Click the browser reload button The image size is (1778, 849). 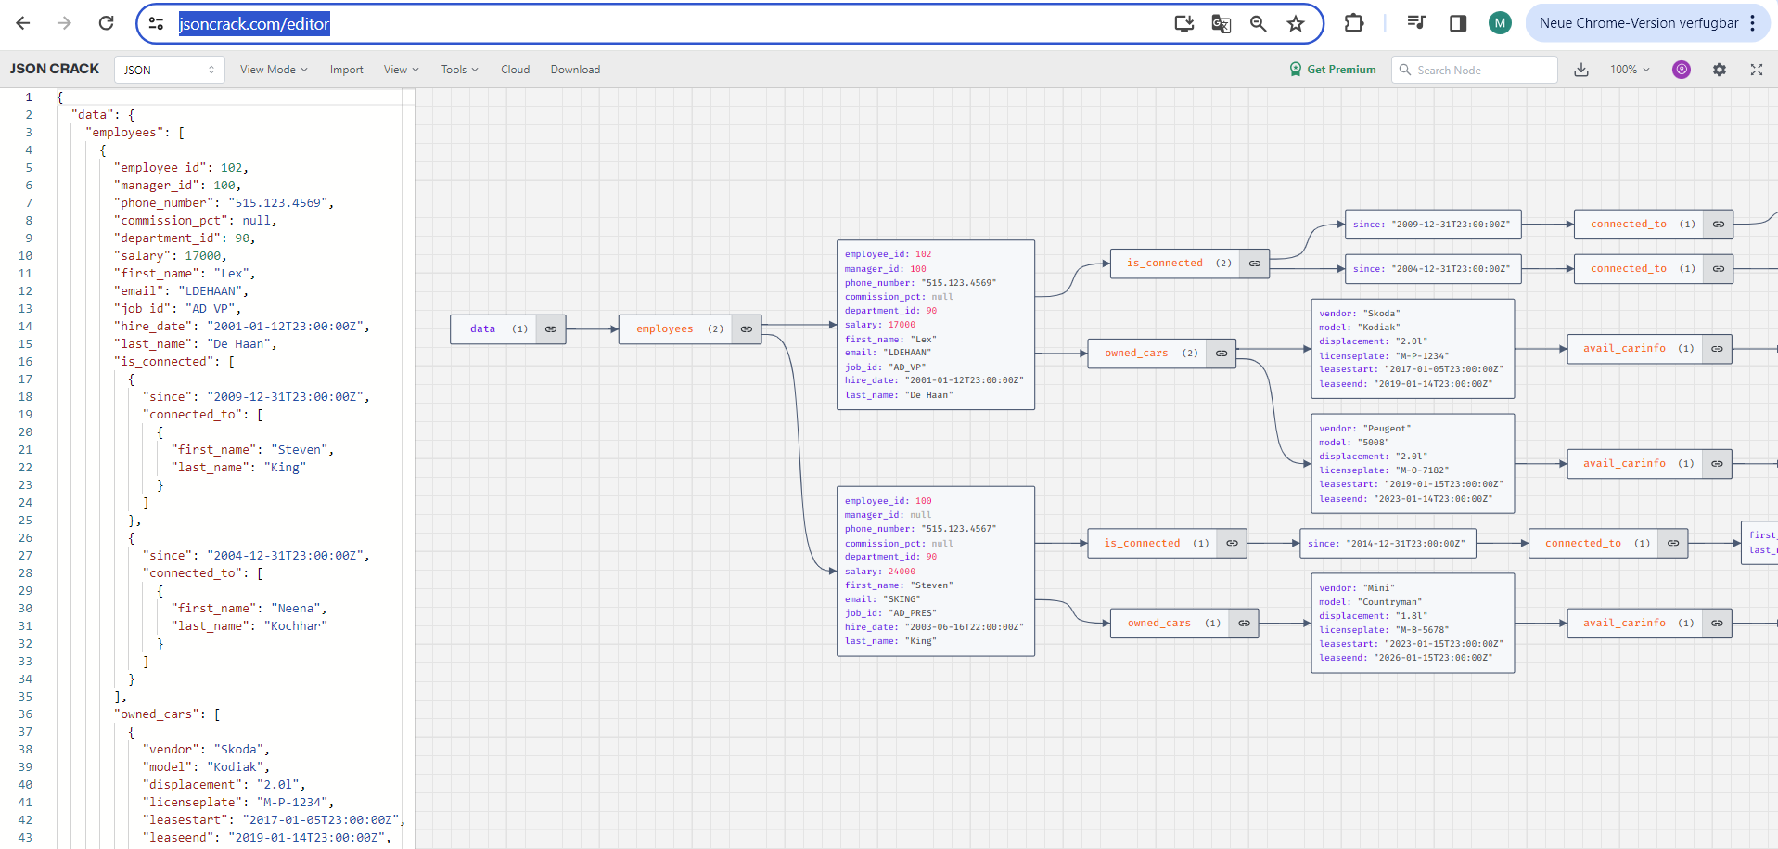(x=106, y=23)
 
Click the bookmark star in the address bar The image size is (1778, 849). (x=1296, y=24)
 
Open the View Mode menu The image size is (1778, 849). (x=273, y=70)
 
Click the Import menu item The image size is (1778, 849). (x=346, y=70)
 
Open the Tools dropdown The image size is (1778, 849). (x=459, y=70)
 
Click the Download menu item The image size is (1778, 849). (x=575, y=70)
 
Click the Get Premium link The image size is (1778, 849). (x=1333, y=70)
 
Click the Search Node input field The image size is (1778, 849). (x=1479, y=70)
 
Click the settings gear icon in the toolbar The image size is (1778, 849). (x=1719, y=70)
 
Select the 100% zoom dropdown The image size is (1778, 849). (x=1630, y=70)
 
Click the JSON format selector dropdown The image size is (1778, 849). (x=169, y=70)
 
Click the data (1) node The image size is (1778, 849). (x=493, y=329)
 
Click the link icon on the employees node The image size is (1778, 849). (x=747, y=329)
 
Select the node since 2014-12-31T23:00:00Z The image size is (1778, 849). (x=1386, y=544)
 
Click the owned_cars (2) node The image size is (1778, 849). (x=1147, y=354)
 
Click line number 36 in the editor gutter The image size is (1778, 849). (x=25, y=714)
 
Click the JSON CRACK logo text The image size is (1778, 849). (x=55, y=69)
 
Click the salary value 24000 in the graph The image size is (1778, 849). (x=902, y=572)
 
